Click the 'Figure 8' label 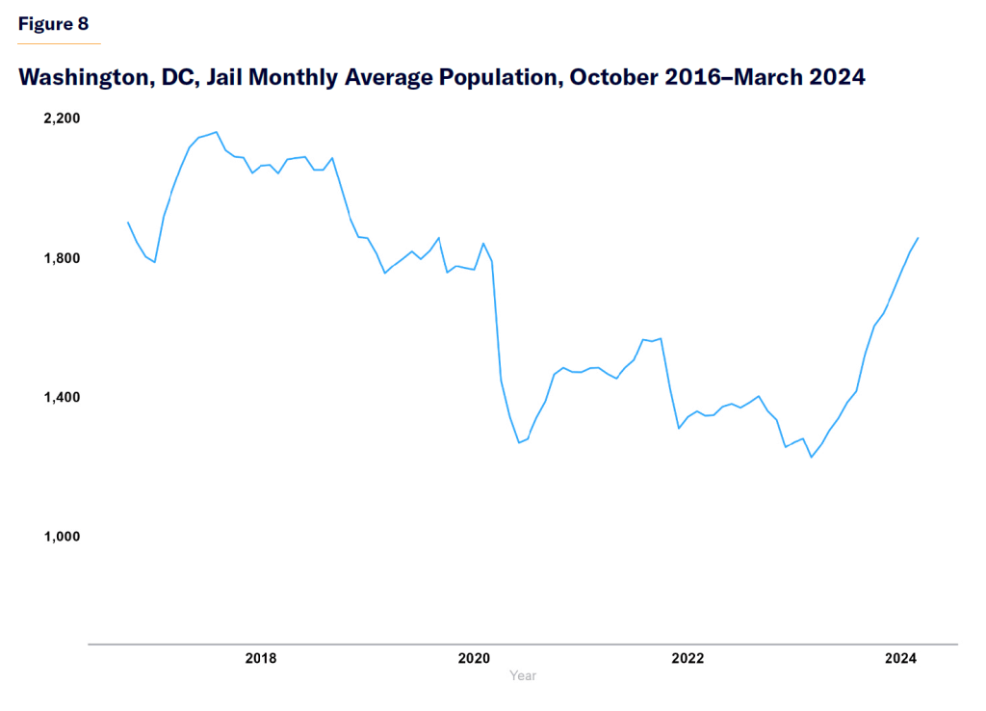click(53, 24)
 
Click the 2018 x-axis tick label click(261, 659)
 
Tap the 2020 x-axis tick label click(474, 659)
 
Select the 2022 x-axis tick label click(688, 659)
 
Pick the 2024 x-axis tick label click(900, 659)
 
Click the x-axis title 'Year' click(523, 676)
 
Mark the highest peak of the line click(216, 132)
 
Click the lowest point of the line click(811, 458)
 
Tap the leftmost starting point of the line click(128, 223)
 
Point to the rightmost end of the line click(919, 237)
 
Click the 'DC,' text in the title click(177, 78)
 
